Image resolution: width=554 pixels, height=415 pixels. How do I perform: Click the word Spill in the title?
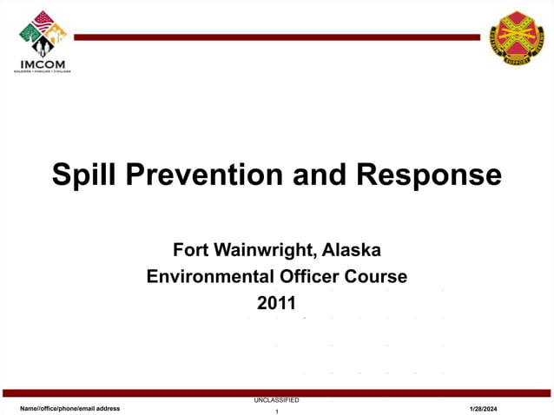(85, 175)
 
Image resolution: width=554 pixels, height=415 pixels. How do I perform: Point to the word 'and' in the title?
(319, 175)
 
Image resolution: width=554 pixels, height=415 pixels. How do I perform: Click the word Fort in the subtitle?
(190, 251)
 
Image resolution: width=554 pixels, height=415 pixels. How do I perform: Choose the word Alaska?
(352, 251)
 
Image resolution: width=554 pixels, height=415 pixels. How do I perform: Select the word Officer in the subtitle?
(315, 277)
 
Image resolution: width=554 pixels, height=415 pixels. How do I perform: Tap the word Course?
(379, 277)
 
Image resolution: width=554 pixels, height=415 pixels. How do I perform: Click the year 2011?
(276, 304)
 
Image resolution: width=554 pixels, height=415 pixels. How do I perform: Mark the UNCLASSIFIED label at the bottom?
(276, 400)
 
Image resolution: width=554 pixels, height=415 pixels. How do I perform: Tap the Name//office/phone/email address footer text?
(70, 408)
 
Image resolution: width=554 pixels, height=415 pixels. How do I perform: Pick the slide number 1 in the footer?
(276, 412)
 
